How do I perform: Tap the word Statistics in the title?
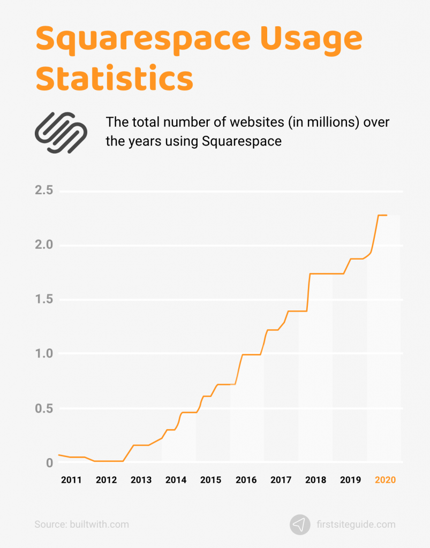[x=114, y=78]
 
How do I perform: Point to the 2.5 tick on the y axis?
[x=44, y=191]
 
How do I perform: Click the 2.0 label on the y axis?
[x=44, y=245]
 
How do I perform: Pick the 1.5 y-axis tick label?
[x=44, y=299]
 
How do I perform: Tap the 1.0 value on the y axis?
[x=44, y=354]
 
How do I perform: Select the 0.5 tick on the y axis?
[x=44, y=408]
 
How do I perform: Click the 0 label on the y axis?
[x=49, y=463]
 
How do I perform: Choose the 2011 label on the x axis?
[x=71, y=480]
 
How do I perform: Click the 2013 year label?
[x=141, y=480]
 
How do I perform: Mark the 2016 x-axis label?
[x=246, y=480]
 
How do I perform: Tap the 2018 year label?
[x=315, y=480]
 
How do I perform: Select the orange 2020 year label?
[x=385, y=480]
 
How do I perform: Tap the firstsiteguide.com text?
[x=363, y=524]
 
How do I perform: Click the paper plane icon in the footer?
[x=300, y=524]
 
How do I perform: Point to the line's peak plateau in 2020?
[x=382, y=215]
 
